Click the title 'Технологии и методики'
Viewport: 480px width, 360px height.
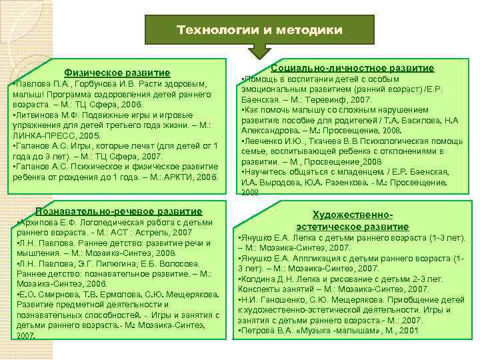tap(259, 31)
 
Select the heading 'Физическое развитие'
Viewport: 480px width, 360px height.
tap(117, 72)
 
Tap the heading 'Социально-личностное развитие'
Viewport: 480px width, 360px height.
tap(353, 68)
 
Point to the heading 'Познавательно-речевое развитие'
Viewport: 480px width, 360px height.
tap(118, 211)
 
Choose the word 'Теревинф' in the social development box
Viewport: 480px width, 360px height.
tap(306, 99)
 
